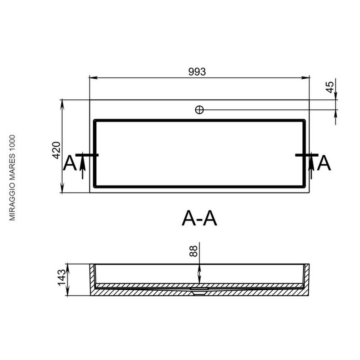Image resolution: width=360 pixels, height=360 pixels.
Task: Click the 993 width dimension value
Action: (197, 72)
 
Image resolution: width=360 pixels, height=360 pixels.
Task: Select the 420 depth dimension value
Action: (57, 150)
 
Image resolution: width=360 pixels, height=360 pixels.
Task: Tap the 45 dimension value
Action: (330, 87)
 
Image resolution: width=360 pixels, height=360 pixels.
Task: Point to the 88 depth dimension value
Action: (193, 251)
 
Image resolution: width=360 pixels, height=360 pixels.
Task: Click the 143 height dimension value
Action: (62, 278)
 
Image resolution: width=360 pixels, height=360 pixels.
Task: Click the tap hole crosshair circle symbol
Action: (199, 110)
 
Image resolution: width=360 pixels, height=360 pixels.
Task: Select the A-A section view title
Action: (199, 219)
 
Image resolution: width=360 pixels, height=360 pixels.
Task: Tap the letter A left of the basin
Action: (70, 163)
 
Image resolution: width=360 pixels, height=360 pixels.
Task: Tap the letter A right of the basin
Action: (324, 163)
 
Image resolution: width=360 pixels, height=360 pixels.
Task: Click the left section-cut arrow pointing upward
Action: (83, 167)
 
